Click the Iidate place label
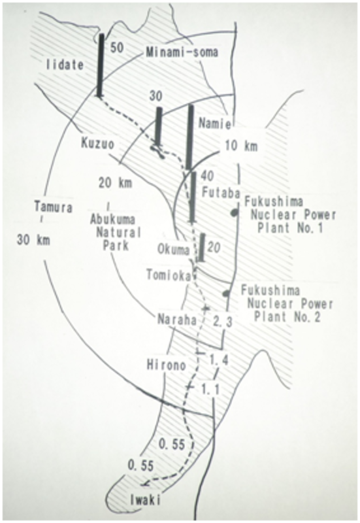(x=65, y=65)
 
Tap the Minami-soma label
(x=182, y=52)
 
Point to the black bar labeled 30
(x=159, y=127)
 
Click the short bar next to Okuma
(x=201, y=247)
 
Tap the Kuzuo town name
(x=97, y=144)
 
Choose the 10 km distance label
(x=241, y=146)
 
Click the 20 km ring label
(x=115, y=183)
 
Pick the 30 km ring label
(x=33, y=240)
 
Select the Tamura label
(x=54, y=207)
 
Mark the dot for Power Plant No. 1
(x=235, y=212)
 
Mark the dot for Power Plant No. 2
(x=226, y=293)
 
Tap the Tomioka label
(x=169, y=275)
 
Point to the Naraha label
(x=176, y=320)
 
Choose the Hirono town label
(x=167, y=365)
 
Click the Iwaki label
(x=145, y=500)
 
